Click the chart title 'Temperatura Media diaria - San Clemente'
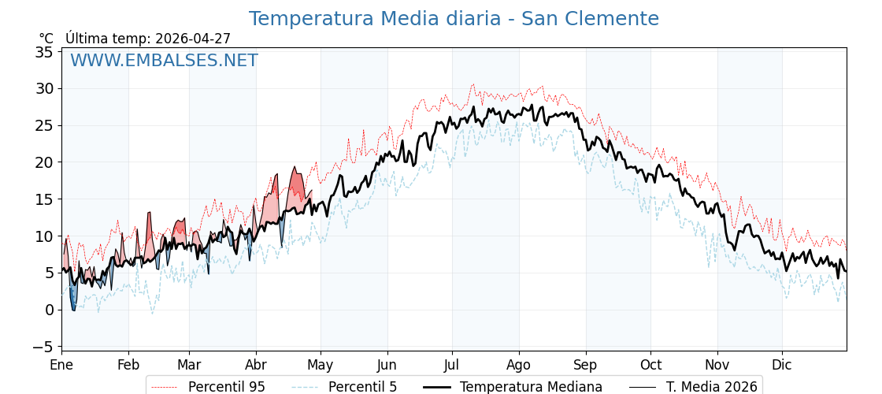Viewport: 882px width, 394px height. (x=454, y=19)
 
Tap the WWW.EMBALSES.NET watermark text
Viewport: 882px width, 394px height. (x=164, y=61)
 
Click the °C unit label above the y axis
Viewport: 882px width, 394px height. (x=46, y=39)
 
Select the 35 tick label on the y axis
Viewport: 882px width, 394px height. (x=44, y=52)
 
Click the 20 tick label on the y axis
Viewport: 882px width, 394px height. (x=44, y=162)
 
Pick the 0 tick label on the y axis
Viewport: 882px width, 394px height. (x=49, y=310)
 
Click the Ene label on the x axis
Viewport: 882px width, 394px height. (x=61, y=365)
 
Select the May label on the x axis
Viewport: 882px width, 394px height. (x=320, y=365)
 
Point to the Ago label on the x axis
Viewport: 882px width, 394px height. (x=518, y=365)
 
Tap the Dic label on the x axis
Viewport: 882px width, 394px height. (x=782, y=365)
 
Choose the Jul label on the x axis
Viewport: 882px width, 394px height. (x=452, y=365)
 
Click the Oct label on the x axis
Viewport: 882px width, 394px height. (x=650, y=365)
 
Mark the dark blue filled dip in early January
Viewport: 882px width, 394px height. (x=72, y=299)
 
